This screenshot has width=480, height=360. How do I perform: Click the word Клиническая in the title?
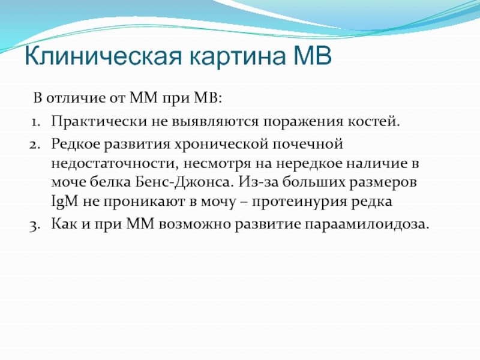point(103,56)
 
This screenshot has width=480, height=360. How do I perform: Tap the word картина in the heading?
point(238,56)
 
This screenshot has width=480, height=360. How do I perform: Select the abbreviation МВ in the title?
point(312,55)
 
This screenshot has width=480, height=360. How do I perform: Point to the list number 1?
point(35,122)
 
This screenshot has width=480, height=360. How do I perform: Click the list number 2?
point(35,144)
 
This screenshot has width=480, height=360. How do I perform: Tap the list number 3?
point(35,225)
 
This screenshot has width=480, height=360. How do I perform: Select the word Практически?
point(99,122)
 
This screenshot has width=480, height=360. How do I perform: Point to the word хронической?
point(221,145)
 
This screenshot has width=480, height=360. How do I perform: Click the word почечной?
point(308,144)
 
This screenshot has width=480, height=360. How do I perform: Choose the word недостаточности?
point(115,164)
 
